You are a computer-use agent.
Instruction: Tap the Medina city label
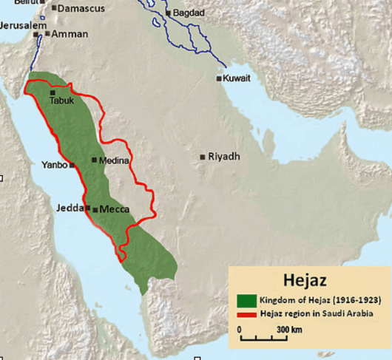(114, 160)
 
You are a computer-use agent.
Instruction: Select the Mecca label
(114, 209)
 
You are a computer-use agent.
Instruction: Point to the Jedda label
(70, 208)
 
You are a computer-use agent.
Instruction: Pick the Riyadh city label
(223, 157)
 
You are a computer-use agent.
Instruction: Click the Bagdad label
(189, 13)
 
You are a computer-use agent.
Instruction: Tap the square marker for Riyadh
(203, 157)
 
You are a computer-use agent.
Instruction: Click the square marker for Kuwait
(219, 78)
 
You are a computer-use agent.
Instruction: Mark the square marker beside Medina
(94, 160)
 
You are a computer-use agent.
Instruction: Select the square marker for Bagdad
(169, 13)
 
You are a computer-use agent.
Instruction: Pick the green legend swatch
(246, 300)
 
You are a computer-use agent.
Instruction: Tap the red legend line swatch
(246, 314)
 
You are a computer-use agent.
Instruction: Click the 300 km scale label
(288, 327)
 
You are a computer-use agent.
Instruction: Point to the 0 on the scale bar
(240, 327)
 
